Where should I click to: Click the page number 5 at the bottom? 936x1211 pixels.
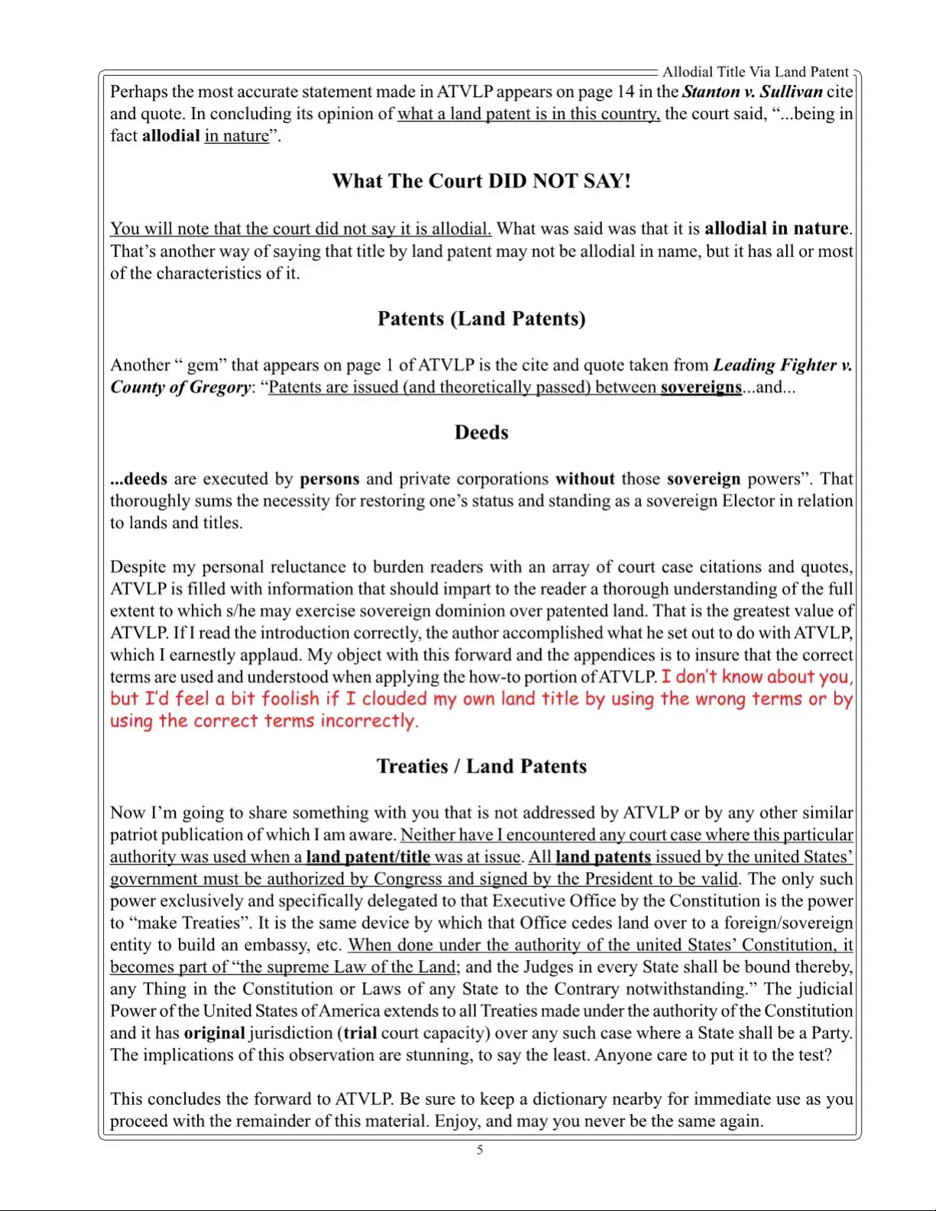coord(480,1150)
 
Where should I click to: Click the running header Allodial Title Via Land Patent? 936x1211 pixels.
coord(755,72)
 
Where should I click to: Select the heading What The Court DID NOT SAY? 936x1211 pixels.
coord(481,181)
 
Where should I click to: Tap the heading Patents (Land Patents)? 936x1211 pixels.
coord(481,319)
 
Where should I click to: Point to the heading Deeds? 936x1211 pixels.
coord(481,432)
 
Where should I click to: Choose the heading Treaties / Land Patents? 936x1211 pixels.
coord(481,766)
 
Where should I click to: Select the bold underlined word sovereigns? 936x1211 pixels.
coord(701,387)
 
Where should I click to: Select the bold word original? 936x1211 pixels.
coord(215,1034)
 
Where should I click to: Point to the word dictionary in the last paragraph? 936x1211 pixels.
coord(569,1099)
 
